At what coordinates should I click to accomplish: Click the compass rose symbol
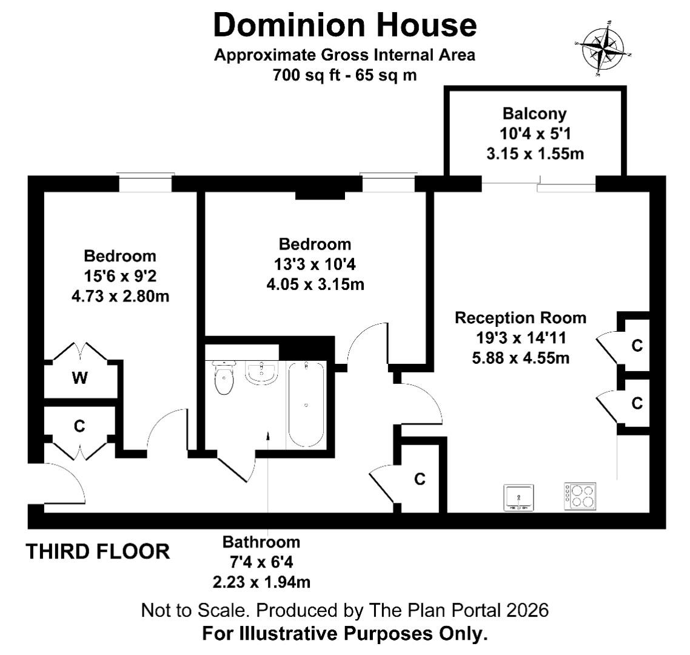(603, 49)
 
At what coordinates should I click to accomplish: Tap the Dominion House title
(345, 25)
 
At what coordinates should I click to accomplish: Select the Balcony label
(535, 113)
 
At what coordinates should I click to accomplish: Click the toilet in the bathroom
(224, 377)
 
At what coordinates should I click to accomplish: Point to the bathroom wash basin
(261, 373)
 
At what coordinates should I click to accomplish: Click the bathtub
(306, 405)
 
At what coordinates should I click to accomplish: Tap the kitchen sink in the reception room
(519, 498)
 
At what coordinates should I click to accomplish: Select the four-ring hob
(580, 497)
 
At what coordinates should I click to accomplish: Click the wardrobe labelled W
(80, 378)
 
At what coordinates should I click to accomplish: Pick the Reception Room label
(521, 318)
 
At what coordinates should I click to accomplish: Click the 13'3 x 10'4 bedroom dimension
(315, 264)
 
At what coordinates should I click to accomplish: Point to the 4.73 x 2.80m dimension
(120, 296)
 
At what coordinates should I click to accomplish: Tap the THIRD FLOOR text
(98, 551)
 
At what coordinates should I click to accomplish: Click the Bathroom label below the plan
(261, 542)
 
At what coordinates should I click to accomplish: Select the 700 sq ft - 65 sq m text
(344, 75)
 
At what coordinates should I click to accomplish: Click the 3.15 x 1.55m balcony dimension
(535, 153)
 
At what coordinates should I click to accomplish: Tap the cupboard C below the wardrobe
(79, 426)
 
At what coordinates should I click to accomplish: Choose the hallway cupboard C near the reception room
(420, 479)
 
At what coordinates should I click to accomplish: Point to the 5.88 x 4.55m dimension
(521, 358)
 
